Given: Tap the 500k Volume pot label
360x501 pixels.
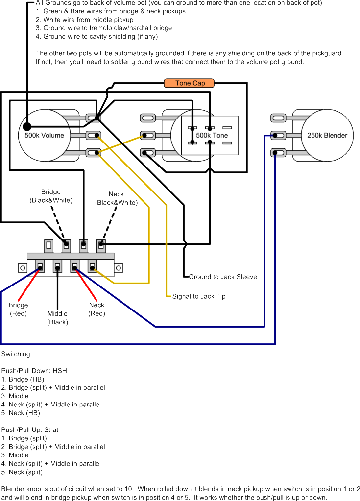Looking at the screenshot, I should click(x=45, y=135).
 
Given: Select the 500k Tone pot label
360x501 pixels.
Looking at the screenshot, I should click(x=212, y=135).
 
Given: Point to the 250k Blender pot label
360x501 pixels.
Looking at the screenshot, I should click(x=327, y=135).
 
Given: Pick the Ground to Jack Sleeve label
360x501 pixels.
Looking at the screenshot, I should click(x=223, y=277).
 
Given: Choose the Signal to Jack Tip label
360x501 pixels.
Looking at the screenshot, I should click(x=199, y=296).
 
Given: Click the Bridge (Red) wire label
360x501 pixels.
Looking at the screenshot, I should click(x=18, y=310).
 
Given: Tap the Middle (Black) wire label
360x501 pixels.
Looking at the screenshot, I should click(x=57, y=318).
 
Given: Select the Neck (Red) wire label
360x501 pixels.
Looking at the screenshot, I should click(x=96, y=310).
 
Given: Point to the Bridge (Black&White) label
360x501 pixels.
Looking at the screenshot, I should click(x=51, y=196).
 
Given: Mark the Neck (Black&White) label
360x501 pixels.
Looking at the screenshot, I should click(x=116, y=198).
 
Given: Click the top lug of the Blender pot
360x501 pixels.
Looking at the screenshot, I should click(x=278, y=118).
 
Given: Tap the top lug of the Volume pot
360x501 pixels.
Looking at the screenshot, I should click(x=93, y=118).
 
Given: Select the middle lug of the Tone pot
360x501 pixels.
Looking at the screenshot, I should click(x=147, y=135).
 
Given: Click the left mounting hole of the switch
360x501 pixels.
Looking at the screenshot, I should click(x=22, y=268).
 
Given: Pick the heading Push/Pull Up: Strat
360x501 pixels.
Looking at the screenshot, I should click(x=30, y=429).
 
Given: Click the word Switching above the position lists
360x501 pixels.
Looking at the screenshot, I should click(x=17, y=353).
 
